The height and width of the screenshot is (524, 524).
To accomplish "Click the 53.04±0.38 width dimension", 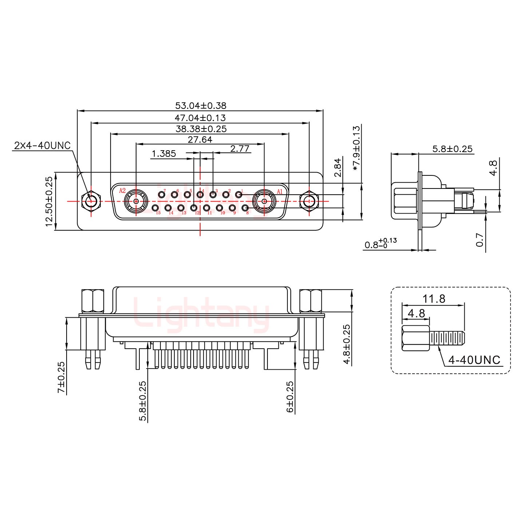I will click(201, 106).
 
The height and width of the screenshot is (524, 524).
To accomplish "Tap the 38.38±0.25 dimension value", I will click(201, 129).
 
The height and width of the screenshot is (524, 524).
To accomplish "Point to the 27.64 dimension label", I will click(200, 140).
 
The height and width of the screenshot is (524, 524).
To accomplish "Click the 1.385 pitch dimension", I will click(164, 154).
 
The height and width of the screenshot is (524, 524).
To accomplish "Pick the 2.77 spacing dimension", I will click(240, 148).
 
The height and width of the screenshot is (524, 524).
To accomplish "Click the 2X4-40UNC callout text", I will click(42, 146).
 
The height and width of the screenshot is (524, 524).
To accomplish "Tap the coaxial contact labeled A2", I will click(136, 201).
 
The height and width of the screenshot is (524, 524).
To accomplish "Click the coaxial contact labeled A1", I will click(264, 201).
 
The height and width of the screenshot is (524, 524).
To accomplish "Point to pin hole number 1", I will click(239, 195).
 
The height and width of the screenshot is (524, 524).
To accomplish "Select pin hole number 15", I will click(155, 208).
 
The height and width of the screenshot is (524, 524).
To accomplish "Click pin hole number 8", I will click(245, 208).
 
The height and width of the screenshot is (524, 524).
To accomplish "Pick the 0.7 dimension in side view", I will click(480, 240).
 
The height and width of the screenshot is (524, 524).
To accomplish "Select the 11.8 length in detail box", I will click(434, 299).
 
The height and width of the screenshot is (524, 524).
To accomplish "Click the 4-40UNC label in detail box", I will click(474, 360).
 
